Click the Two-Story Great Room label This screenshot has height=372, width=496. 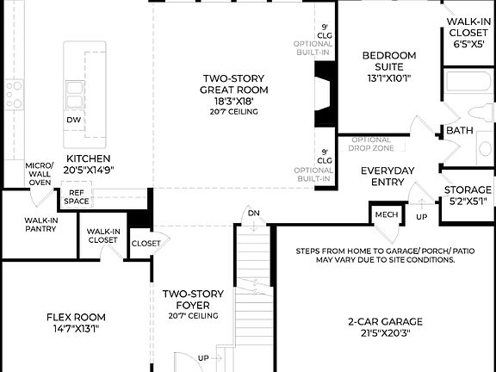point(234,83)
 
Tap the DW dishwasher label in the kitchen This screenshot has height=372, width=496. point(74,120)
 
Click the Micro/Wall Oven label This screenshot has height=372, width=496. point(40,173)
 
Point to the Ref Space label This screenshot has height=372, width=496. point(76,196)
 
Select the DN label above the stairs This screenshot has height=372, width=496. point(253,214)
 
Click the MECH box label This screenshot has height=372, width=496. point(383,214)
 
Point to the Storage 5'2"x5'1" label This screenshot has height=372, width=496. point(468,195)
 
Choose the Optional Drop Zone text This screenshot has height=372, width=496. point(372,144)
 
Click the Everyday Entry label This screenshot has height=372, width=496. point(390,175)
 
